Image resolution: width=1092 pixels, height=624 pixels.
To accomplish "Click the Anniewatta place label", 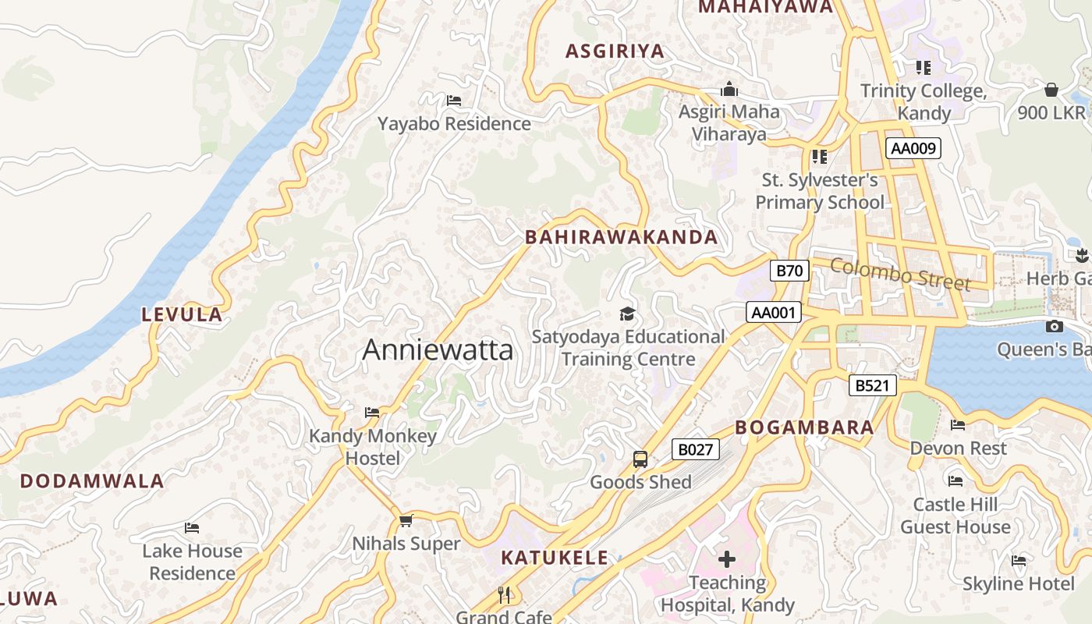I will tap(438, 350).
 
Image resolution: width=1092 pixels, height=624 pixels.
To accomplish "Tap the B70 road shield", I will tap(789, 271).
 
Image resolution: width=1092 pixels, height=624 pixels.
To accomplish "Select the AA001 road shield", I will tap(773, 313).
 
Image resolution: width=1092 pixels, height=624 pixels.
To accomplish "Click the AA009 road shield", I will tap(913, 148).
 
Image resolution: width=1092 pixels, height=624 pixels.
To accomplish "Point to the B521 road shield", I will tap(872, 385).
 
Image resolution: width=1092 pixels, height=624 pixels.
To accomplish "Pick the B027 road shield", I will tap(694, 449).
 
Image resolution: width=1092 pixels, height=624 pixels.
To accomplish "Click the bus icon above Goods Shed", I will tap(640, 459).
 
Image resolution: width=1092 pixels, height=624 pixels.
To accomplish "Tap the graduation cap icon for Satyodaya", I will tap(627, 314).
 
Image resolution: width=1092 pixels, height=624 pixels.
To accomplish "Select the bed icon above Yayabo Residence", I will tap(454, 101).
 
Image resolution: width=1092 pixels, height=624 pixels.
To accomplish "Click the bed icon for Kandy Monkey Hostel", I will tap(372, 413).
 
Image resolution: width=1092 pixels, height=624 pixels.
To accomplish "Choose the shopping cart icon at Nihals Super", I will tap(406, 520).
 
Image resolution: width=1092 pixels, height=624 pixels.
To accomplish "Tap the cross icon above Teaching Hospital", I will tap(727, 559).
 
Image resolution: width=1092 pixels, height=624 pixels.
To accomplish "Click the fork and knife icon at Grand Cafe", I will tap(504, 595).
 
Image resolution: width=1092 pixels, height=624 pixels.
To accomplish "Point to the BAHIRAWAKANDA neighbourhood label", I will tap(621, 237).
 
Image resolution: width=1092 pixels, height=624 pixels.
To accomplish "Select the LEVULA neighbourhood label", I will tap(182, 315).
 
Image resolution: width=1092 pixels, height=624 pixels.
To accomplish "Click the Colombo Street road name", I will tap(899, 274).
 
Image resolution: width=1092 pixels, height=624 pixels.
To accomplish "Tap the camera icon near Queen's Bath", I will tap(1055, 327).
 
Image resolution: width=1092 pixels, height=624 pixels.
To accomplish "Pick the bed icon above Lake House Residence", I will tap(192, 528).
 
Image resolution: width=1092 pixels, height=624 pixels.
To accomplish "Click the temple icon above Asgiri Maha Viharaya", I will tap(729, 89).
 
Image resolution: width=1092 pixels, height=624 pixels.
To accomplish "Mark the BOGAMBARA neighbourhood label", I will tap(804, 427).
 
